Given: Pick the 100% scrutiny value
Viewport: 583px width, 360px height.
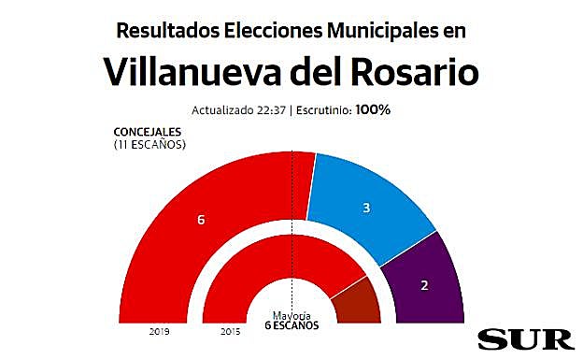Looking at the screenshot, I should (372, 110).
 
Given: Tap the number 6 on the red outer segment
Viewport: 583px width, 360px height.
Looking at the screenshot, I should (201, 220).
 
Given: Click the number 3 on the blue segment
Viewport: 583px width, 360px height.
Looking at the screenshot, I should (366, 207).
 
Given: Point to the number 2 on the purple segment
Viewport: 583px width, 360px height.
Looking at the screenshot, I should (425, 284).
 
